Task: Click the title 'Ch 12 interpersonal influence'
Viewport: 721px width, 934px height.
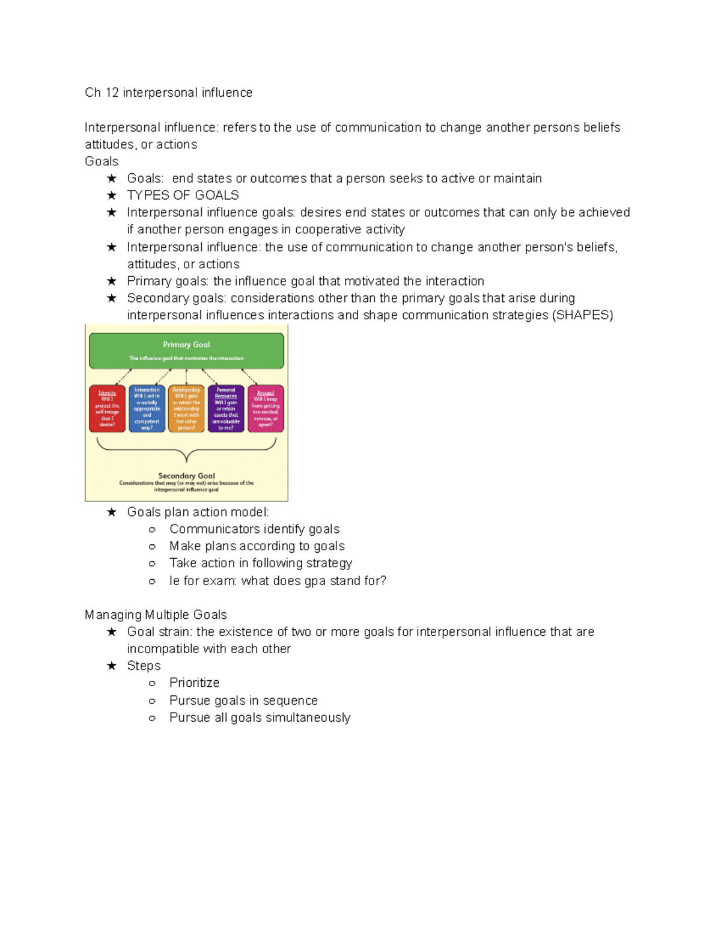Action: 168,93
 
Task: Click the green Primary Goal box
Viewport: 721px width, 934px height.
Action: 186,351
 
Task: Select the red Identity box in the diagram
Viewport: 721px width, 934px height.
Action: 107,408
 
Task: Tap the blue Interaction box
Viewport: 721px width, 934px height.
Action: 147,408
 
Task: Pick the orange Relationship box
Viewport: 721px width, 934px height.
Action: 186,408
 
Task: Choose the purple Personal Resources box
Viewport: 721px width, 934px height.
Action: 226,408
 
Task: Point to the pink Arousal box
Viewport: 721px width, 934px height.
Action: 266,408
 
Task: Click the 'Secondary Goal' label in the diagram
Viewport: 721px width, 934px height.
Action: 186,476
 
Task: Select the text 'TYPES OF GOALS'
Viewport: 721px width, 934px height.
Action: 183,195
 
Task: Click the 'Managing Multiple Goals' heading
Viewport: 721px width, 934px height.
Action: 156,615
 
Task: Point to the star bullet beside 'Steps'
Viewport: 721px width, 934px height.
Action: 112,666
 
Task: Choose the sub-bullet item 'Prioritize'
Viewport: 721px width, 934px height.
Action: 194,683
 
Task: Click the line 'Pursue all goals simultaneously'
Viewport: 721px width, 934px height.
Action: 260,717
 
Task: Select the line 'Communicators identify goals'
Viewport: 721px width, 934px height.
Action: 254,529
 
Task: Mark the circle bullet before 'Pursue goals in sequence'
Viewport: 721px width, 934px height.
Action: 152,701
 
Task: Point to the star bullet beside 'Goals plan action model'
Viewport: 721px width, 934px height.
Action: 112,512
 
